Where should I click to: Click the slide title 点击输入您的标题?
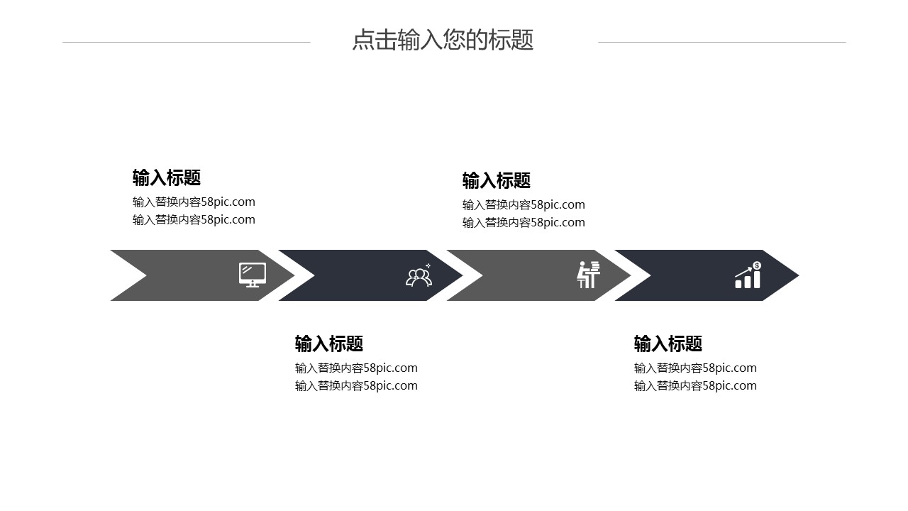(443, 40)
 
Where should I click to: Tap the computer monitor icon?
(253, 275)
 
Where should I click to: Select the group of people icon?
(419, 276)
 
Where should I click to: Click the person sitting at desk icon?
(588, 275)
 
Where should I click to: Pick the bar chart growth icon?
(748, 275)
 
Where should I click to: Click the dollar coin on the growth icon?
(757, 265)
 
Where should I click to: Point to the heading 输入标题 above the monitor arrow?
(167, 177)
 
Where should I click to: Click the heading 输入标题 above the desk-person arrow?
(496, 180)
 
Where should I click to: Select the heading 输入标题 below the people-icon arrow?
(328, 344)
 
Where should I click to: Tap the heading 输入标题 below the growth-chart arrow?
(668, 344)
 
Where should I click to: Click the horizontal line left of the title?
(187, 42)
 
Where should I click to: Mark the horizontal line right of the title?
(722, 42)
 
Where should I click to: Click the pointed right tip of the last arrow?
(799, 275)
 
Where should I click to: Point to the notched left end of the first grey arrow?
(146, 275)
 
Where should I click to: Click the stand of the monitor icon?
(253, 285)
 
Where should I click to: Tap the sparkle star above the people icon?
(428, 265)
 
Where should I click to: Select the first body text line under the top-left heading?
(194, 202)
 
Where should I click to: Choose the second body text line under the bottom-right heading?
(695, 385)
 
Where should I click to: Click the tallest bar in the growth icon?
(757, 280)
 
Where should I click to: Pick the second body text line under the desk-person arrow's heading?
(524, 222)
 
